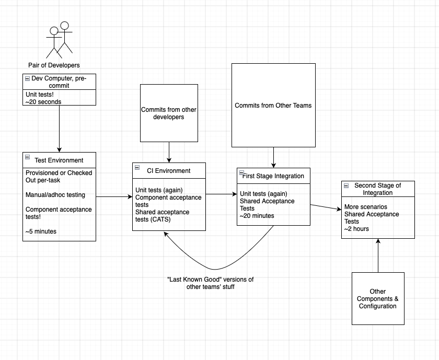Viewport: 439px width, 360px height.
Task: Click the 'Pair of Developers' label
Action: [x=54, y=65]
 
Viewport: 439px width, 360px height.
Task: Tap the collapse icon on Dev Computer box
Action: [x=27, y=79]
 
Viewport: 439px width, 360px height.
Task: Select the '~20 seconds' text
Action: [x=43, y=102]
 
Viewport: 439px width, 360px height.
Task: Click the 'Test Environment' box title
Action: [x=59, y=160]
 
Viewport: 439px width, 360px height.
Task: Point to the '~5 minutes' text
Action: [x=41, y=231]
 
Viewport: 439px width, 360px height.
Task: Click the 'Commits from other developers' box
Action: [x=169, y=113]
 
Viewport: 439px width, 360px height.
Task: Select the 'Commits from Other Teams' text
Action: [x=273, y=106]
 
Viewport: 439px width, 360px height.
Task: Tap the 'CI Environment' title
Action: [x=168, y=171]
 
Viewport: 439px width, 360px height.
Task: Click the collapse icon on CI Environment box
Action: [x=137, y=167]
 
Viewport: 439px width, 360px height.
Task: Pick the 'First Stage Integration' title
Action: [x=273, y=176]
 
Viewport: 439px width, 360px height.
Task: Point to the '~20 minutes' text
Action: [x=257, y=216]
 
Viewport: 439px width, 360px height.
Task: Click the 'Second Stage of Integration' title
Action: [x=378, y=189]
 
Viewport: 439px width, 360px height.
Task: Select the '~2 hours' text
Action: [x=356, y=229]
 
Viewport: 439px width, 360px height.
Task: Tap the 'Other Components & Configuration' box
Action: [x=378, y=299]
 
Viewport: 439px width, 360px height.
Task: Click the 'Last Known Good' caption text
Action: [x=211, y=283]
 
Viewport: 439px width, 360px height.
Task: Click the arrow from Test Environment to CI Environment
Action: [x=114, y=197]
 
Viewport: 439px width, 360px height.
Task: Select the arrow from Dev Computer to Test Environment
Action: [x=60, y=129]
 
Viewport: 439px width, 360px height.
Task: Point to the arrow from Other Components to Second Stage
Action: [x=378, y=256]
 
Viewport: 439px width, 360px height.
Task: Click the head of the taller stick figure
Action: [x=65, y=26]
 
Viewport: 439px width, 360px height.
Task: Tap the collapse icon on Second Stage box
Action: [x=346, y=185]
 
